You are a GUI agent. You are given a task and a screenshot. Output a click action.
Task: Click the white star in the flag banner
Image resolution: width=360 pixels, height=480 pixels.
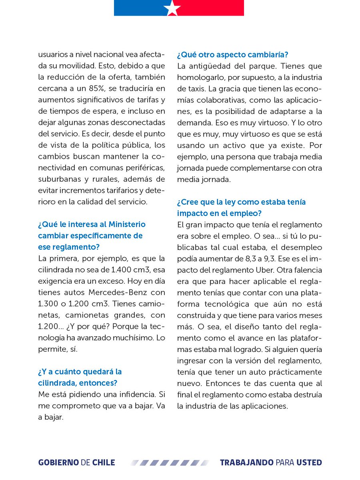(x=172, y=8)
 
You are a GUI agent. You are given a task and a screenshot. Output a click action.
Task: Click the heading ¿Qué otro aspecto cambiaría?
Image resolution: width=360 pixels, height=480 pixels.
(x=233, y=54)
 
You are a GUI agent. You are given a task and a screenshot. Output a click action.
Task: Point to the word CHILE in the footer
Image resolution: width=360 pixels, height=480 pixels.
(x=103, y=463)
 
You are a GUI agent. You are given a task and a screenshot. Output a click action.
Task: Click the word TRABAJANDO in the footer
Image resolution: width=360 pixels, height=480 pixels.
(x=247, y=463)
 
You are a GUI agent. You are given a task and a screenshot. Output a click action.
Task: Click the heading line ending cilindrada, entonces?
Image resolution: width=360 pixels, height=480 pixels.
(x=78, y=383)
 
